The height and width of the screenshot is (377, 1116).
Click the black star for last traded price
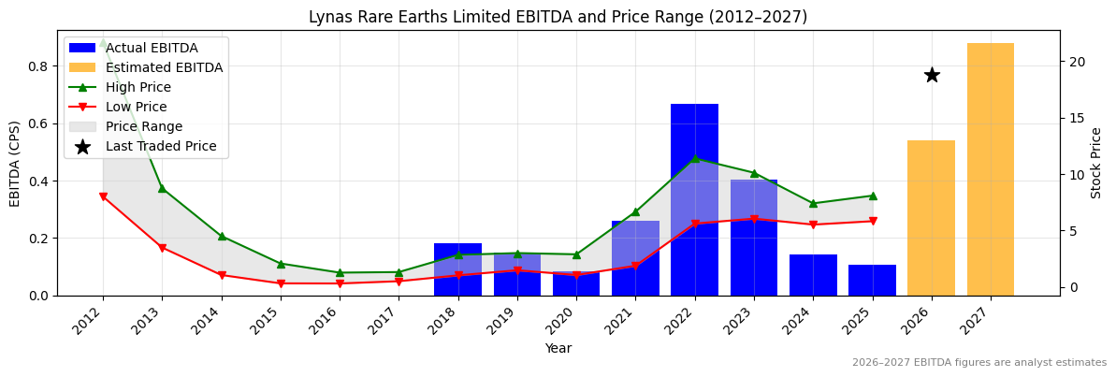(x=932, y=75)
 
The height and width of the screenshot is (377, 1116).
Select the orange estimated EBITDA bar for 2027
(x=991, y=169)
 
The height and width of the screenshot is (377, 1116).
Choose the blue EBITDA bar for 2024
(x=813, y=275)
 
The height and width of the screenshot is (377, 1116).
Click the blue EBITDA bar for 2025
(x=872, y=280)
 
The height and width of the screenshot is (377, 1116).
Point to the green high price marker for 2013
(x=162, y=188)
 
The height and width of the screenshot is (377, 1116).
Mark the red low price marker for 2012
(x=103, y=196)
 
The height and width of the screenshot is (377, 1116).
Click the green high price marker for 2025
(x=872, y=196)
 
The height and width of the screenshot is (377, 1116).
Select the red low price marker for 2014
(x=222, y=275)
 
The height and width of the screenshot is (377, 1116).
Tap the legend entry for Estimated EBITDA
(x=164, y=67)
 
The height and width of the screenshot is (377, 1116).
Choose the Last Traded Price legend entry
(x=161, y=146)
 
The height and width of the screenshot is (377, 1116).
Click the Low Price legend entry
(x=138, y=107)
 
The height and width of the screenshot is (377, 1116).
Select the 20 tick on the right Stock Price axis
(x=1077, y=62)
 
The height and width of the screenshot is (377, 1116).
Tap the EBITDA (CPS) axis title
(x=15, y=163)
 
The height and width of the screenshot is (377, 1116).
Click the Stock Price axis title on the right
(x=1096, y=163)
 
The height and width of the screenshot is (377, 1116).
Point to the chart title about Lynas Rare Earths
(x=558, y=17)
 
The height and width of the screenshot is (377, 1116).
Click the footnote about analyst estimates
(x=978, y=363)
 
